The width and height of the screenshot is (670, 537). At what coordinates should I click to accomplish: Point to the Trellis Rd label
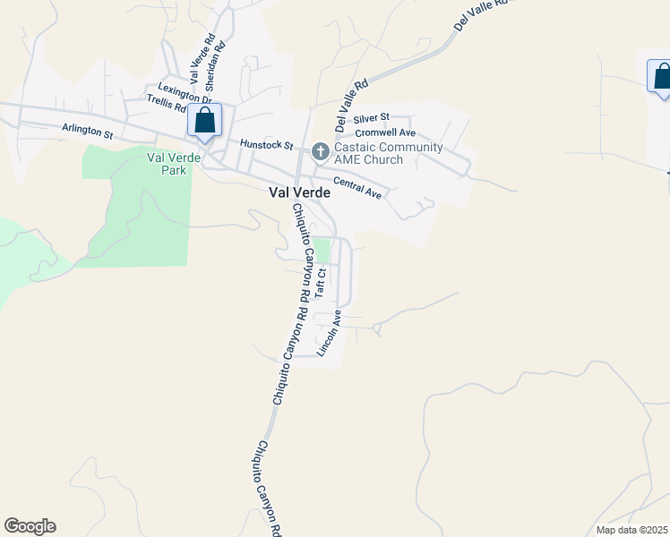(167, 107)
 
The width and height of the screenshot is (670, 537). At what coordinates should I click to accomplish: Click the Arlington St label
(87, 131)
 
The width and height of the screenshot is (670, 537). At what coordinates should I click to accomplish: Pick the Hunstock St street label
(266, 144)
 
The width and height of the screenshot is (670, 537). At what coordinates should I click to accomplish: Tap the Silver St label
(371, 117)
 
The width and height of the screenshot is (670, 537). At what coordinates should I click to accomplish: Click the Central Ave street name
(357, 187)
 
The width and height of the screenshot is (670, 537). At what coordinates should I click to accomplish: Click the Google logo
(30, 526)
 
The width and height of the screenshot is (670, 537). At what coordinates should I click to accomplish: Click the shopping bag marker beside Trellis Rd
(205, 122)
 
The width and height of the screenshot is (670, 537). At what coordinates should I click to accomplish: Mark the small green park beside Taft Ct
(322, 250)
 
